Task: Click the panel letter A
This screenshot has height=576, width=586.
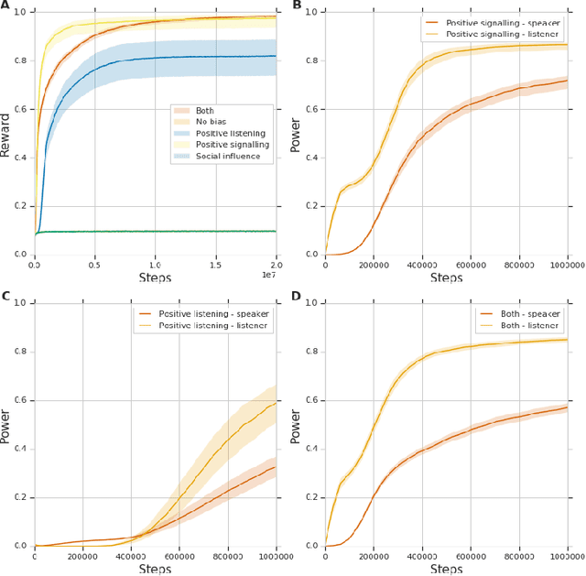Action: pos(5,5)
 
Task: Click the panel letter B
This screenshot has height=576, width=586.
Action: pos(298,5)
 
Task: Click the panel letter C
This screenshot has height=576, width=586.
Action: pos(5,297)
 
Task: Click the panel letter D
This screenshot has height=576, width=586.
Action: pos(298,297)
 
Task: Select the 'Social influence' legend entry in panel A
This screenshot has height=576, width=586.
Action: pos(222,157)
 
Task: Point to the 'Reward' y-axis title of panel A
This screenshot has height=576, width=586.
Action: pos(7,132)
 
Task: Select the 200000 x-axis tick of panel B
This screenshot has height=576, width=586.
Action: pos(373,265)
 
